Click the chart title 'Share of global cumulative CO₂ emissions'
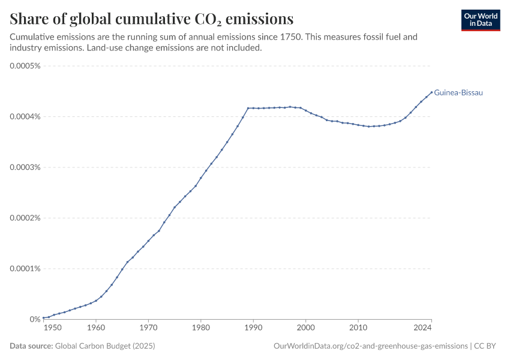152,18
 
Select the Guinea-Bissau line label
458,93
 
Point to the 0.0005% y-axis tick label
25,65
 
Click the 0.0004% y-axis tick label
25,116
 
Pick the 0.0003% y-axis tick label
25,167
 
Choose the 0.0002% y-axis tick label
25,218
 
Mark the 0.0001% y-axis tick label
25,268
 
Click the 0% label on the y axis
35,319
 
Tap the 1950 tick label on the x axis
52,328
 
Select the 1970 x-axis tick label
148,328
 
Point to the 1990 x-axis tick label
253,328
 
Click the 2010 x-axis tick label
358,328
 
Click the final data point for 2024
431,92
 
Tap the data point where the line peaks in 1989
248,108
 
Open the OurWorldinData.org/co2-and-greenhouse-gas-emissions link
370,346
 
